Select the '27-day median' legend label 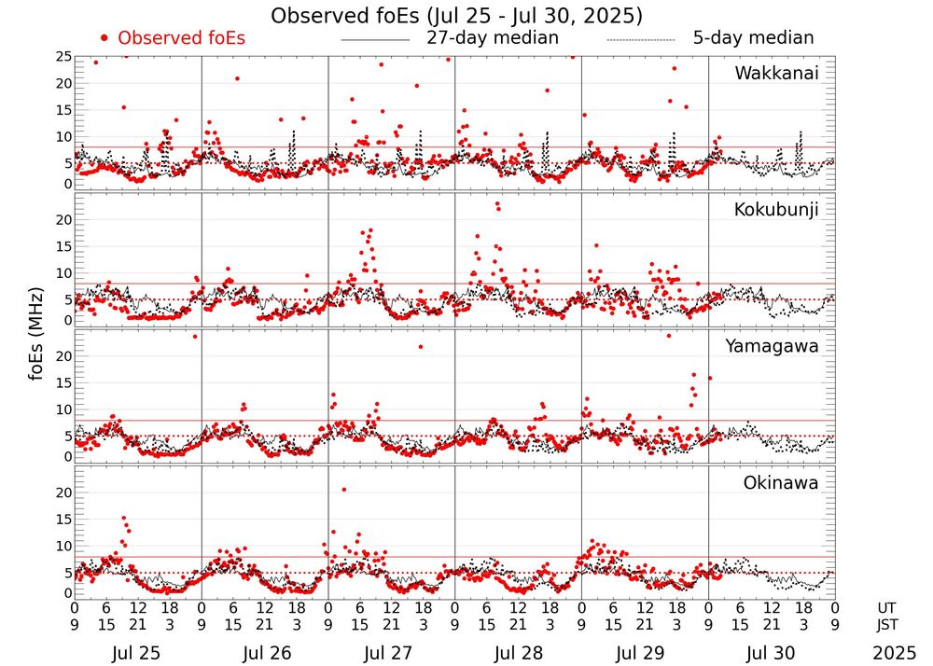pyautogui.click(x=493, y=38)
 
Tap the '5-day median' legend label pyautogui.click(x=753, y=38)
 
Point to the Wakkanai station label pyautogui.click(x=776, y=73)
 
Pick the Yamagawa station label pyautogui.click(x=773, y=346)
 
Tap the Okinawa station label pyautogui.click(x=780, y=483)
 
